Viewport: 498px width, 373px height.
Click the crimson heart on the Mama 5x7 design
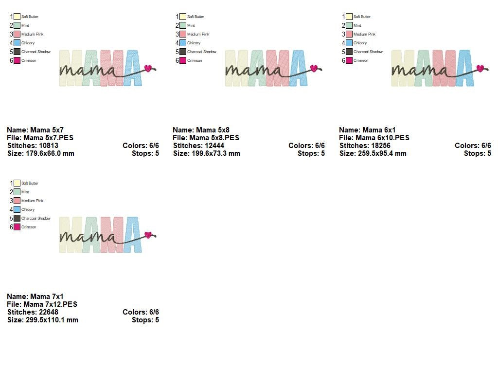(x=148, y=68)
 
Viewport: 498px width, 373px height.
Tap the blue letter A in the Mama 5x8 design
(x=299, y=68)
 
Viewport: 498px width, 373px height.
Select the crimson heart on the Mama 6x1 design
(x=480, y=68)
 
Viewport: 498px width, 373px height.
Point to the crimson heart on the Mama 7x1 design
(x=148, y=235)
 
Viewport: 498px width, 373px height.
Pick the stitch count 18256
(x=379, y=146)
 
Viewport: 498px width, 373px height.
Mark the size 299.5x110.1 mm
(x=52, y=320)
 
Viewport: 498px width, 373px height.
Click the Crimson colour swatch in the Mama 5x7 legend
(x=17, y=61)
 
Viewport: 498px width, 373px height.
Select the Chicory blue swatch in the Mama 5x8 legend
(x=183, y=43)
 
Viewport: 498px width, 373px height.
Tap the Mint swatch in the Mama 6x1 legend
(x=349, y=26)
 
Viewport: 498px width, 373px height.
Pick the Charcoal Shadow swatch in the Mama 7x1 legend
(x=17, y=219)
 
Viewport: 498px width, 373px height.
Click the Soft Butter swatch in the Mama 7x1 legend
(x=17, y=184)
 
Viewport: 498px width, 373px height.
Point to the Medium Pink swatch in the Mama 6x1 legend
(x=349, y=35)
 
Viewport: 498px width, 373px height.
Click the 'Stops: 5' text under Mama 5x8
(x=311, y=153)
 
